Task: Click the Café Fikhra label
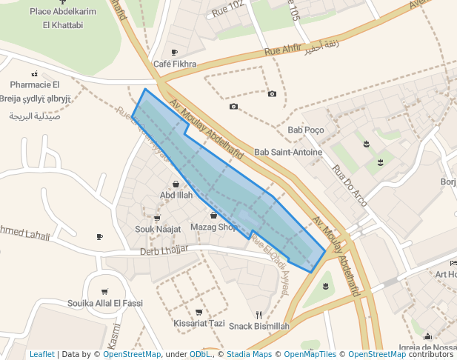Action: point(175,64)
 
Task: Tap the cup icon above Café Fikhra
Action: point(175,52)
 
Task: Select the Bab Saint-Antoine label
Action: point(288,153)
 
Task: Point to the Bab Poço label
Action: point(306,130)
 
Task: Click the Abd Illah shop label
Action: point(176,196)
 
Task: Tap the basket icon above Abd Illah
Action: point(176,184)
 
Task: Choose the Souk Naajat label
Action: point(158,230)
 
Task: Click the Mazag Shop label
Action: point(214,227)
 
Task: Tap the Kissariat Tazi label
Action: point(199,324)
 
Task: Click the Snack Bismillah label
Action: point(258,326)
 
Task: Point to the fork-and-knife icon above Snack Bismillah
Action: point(258,314)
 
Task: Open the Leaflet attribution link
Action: point(41,354)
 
